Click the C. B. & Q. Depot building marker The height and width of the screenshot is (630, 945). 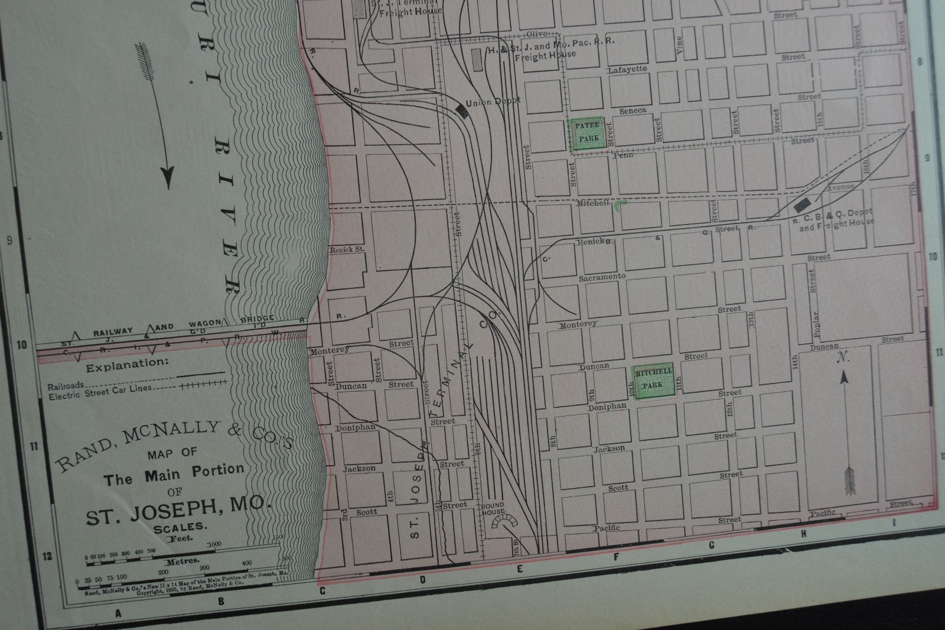pyautogui.click(x=802, y=206)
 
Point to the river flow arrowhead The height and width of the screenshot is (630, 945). pyautogui.click(x=169, y=176)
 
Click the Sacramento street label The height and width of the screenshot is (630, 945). pyautogui.click(x=602, y=277)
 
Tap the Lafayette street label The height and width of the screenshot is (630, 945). pyautogui.click(x=627, y=70)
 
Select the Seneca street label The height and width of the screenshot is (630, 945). pyautogui.click(x=633, y=111)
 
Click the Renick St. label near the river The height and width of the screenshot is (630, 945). pyautogui.click(x=347, y=249)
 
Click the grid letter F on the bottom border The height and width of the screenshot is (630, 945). pyautogui.click(x=616, y=556)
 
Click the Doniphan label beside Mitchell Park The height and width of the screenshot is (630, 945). pyautogui.click(x=607, y=407)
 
